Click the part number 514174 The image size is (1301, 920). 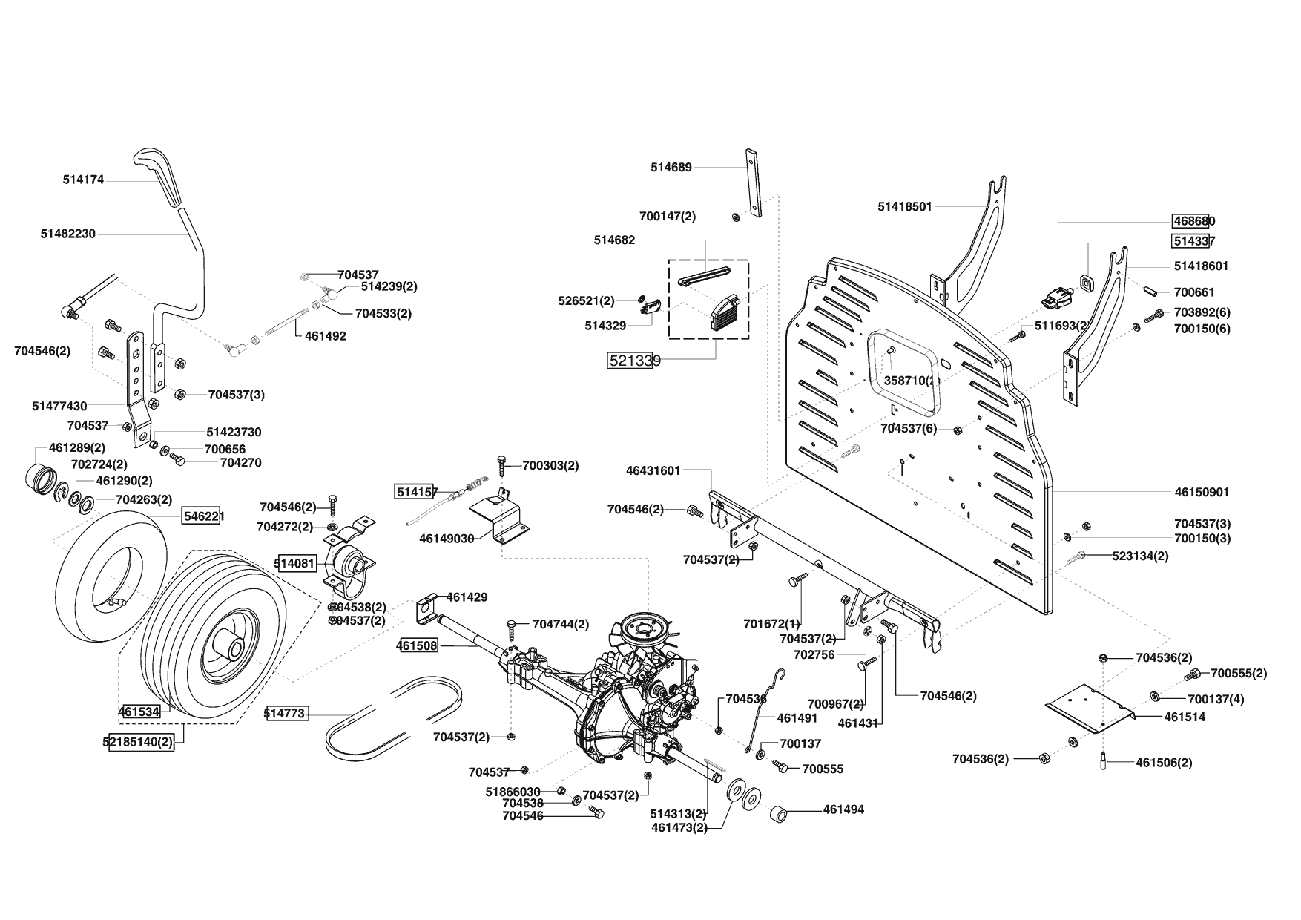(83, 180)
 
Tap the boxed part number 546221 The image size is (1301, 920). (202, 516)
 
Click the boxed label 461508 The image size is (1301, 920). (417, 645)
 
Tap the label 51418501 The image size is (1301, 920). (904, 206)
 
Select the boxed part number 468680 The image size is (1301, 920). (1193, 221)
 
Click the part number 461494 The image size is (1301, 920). (843, 809)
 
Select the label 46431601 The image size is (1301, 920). (653, 470)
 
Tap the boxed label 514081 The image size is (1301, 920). (296, 563)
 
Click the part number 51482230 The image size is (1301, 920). (67, 234)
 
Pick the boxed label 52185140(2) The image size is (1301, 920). (142, 741)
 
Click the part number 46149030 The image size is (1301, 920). (447, 538)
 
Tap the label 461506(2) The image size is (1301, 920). (1164, 763)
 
